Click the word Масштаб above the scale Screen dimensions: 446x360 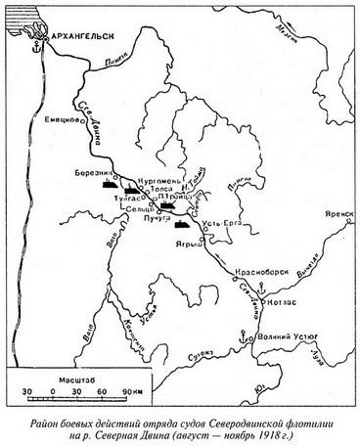click(62, 377)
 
